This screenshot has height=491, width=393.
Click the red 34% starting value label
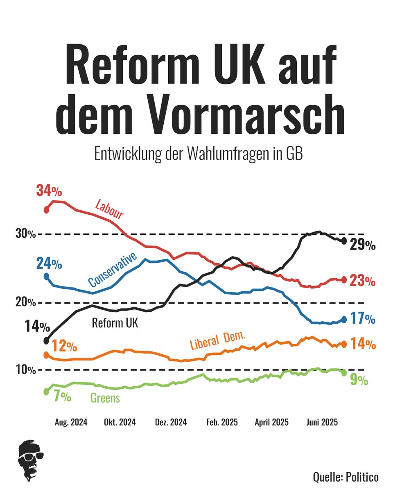pyautogui.click(x=49, y=191)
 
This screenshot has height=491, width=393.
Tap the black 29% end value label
pyautogui.click(x=362, y=245)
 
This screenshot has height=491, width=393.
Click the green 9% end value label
pyautogui.click(x=359, y=381)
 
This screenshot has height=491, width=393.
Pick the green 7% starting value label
pyautogui.click(x=62, y=396)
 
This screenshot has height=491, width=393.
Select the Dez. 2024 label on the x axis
pyautogui.click(x=171, y=422)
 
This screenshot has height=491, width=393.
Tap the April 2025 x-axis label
pyautogui.click(x=271, y=422)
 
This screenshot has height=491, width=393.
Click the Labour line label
pyautogui.click(x=109, y=209)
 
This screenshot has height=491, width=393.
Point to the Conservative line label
pyautogui.click(x=112, y=270)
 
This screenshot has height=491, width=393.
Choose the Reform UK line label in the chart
pyautogui.click(x=115, y=323)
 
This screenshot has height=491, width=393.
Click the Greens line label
pyautogui.click(x=105, y=398)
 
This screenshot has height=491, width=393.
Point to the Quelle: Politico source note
pyautogui.click(x=346, y=477)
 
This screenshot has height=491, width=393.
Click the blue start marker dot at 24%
pyautogui.click(x=46, y=277)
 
